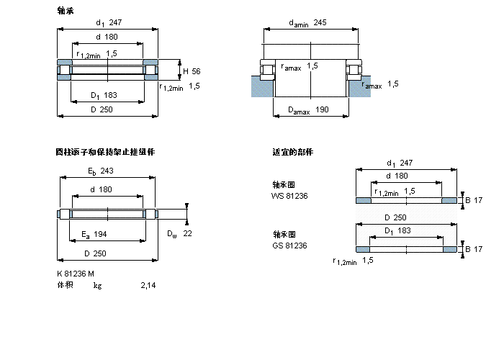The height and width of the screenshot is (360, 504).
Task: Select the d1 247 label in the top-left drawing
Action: coord(107,23)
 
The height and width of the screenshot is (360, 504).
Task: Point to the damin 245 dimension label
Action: coord(307,23)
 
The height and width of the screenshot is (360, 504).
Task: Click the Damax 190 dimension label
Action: coord(307,109)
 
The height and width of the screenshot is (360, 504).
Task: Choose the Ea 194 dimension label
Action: coord(95,234)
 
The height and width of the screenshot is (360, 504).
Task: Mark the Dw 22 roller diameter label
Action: coord(179,234)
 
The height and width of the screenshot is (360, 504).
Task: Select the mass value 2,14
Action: coord(148,286)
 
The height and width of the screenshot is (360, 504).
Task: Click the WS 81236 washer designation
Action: coord(289,195)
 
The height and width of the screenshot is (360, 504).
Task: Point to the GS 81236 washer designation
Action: coord(289,246)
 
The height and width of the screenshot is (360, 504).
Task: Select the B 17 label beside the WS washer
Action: coord(472,199)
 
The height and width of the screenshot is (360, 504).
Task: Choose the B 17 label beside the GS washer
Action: coord(472,249)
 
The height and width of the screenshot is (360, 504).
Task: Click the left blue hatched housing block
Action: coord(257,86)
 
